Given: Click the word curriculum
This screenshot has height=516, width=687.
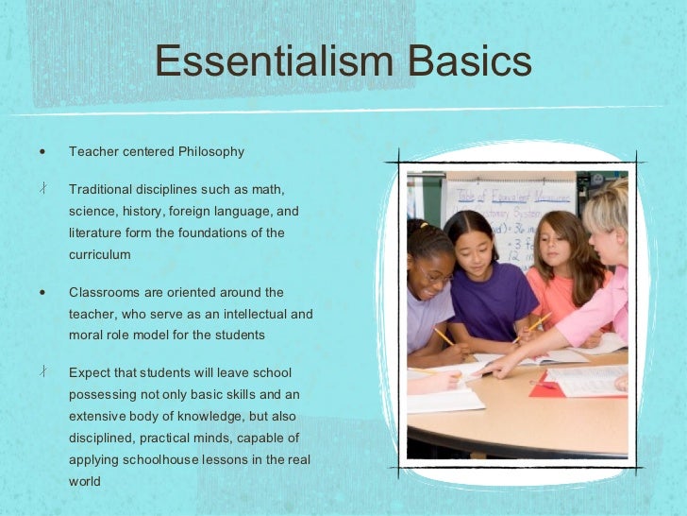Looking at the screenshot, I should pos(99,255).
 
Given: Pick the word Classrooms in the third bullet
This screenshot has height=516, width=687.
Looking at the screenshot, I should pos(103,292).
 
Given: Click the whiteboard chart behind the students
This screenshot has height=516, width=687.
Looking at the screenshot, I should pos(510,203).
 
